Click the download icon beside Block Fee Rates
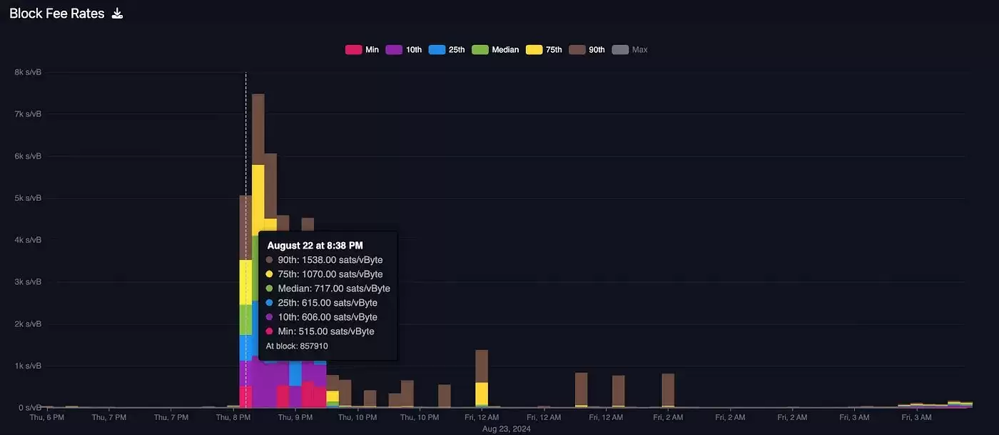118,14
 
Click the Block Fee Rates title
56,14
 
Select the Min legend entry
362,50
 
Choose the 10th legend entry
404,50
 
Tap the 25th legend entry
447,50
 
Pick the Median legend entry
496,50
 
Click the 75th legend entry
544,50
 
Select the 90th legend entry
587,50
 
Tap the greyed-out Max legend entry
631,50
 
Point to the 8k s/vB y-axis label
28,72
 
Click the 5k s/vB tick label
28,198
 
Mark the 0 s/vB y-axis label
29,408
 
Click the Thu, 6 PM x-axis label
47,417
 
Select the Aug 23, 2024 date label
507,429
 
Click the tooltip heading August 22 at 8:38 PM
315,246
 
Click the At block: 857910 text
297,346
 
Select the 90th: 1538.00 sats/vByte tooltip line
330,260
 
